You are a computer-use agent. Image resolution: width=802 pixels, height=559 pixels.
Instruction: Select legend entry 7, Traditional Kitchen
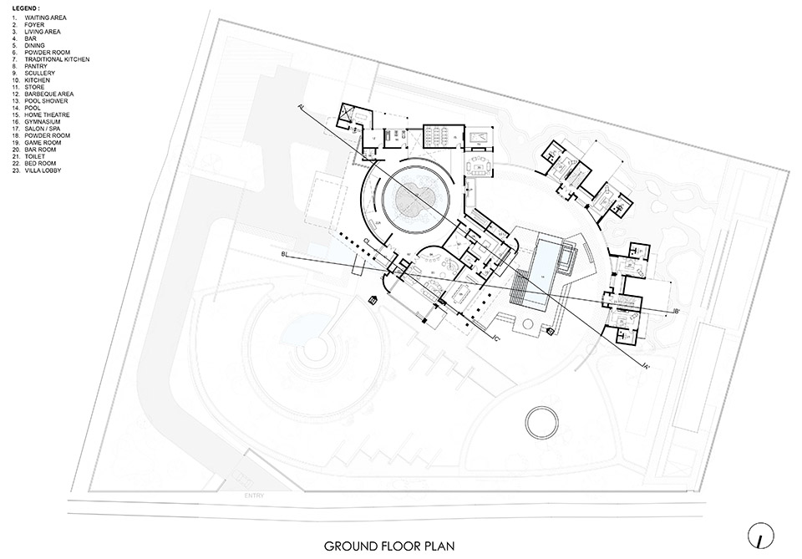52,59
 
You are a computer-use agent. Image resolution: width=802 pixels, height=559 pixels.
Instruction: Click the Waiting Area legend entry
41,18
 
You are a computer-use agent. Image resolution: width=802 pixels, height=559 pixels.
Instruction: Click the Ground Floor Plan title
389,546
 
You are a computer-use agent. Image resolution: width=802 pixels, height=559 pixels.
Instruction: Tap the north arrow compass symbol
759,532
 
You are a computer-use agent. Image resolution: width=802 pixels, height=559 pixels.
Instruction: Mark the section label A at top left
298,106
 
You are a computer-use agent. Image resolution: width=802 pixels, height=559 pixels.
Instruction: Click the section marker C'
495,338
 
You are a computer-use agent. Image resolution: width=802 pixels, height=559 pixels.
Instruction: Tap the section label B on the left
285,252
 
